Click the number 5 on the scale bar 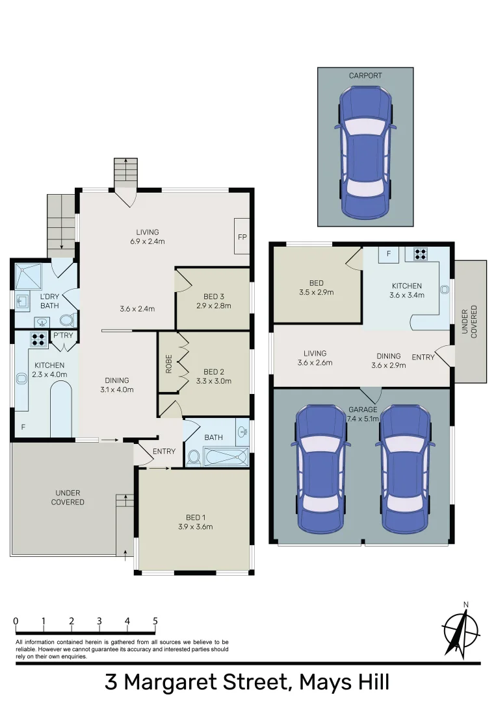click(155, 621)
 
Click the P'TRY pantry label click(63, 336)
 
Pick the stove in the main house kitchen click(38, 338)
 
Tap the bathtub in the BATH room click(226, 458)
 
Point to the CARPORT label click(365, 76)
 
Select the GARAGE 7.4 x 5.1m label click(363, 414)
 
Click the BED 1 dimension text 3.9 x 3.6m click(194, 526)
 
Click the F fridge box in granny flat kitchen click(388, 254)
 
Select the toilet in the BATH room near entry click(194, 458)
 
